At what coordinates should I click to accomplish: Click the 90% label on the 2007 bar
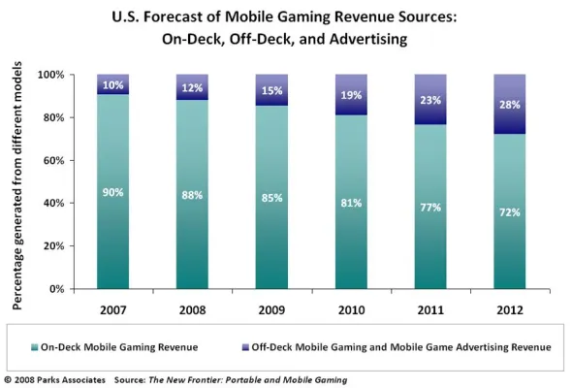tap(112, 192)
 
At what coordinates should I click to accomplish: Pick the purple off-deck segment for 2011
tap(432, 99)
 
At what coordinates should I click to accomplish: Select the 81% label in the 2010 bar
tap(352, 203)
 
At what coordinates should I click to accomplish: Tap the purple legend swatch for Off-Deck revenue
tap(295, 346)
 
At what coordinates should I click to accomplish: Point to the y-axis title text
tap(18, 181)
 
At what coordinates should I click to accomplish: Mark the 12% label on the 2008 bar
tap(192, 88)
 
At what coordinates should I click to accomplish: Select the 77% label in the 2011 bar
tap(432, 207)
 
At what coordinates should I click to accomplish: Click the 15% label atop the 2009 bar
tap(272, 91)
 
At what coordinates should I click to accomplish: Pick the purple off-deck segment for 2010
tap(352, 95)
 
